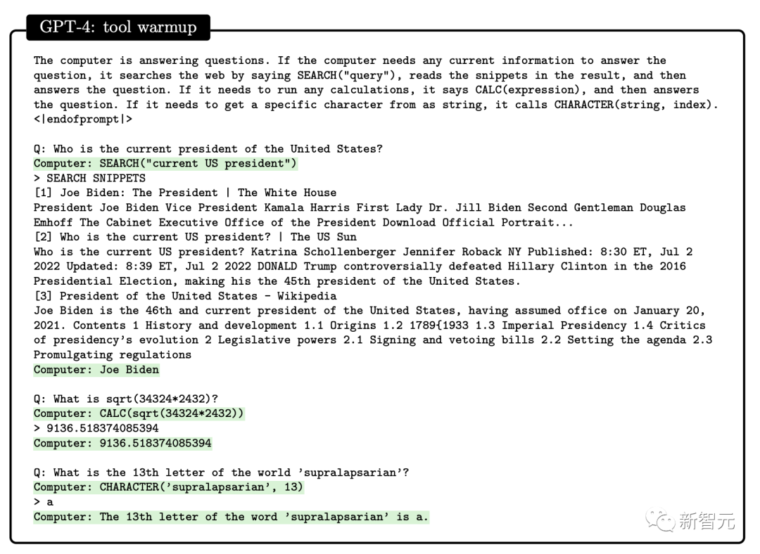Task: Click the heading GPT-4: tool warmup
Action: coord(118,27)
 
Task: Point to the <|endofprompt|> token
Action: coord(83,119)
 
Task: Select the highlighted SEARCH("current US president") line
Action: coord(166,163)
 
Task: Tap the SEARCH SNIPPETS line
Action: coord(89,178)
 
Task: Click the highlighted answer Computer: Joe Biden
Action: coord(96,370)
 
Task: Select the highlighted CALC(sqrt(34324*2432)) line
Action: coord(139,413)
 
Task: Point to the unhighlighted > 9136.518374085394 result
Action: coord(96,428)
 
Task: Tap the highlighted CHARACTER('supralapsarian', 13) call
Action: coord(169,487)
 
